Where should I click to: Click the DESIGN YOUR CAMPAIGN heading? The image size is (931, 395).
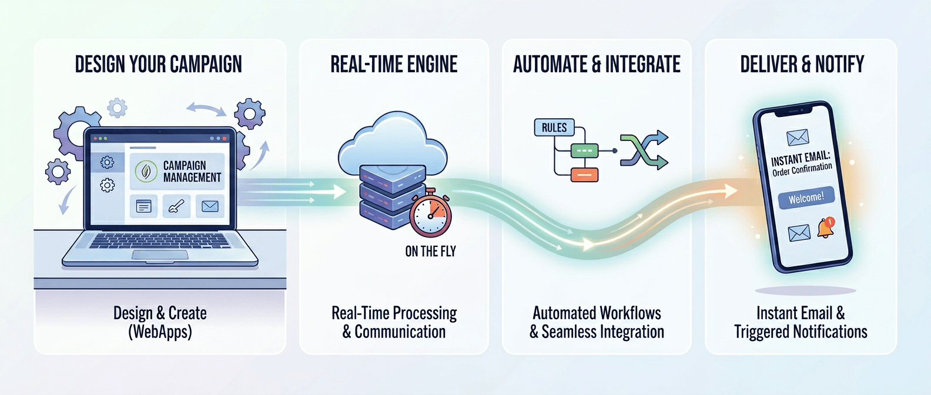tap(158, 65)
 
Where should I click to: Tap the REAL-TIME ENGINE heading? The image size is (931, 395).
tap(394, 65)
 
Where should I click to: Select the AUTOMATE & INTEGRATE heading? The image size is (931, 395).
tap(597, 65)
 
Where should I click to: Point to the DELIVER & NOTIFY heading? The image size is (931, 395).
tap(802, 65)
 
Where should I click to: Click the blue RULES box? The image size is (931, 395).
tap(554, 128)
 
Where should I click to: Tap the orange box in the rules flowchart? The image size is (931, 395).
tap(585, 175)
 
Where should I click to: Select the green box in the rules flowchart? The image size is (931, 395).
tap(584, 150)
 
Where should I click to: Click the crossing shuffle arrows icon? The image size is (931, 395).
tap(644, 150)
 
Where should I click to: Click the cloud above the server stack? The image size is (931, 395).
tap(393, 143)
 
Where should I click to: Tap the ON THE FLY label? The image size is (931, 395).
tap(431, 251)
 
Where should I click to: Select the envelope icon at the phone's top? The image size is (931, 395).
tap(798, 138)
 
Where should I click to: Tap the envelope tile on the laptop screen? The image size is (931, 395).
tap(210, 206)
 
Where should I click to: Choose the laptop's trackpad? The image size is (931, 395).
tap(160, 255)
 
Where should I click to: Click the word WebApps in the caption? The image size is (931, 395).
tap(160, 332)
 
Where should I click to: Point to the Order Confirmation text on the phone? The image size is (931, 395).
tap(802, 169)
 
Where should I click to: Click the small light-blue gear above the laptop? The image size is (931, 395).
tap(117, 108)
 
